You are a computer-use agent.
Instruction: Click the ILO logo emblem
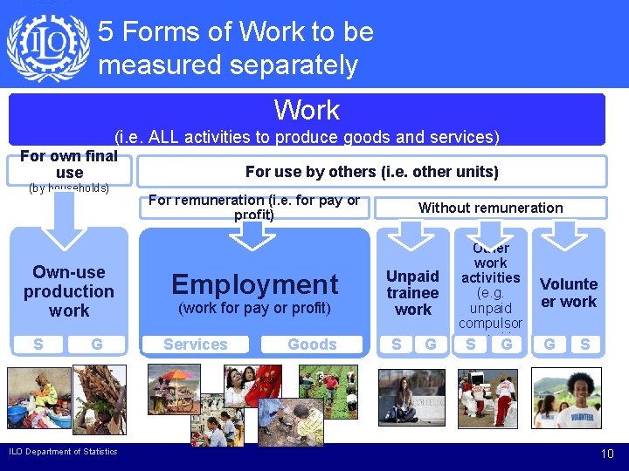click(47, 47)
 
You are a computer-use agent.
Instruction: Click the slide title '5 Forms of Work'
click(236, 48)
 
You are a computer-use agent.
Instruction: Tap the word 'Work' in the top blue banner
click(307, 110)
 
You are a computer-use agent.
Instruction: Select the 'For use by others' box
click(372, 172)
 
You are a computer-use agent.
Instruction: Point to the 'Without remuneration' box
click(490, 208)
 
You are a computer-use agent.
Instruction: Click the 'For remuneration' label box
click(254, 207)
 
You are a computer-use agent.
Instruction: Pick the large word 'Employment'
click(254, 283)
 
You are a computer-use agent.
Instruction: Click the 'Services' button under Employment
click(196, 345)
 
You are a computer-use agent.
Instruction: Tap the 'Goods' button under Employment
click(312, 345)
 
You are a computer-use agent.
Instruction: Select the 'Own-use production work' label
click(69, 291)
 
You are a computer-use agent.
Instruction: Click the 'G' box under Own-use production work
click(97, 345)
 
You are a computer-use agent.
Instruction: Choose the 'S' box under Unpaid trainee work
click(397, 345)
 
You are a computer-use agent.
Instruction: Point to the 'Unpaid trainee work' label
click(412, 292)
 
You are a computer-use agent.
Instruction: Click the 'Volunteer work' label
click(569, 293)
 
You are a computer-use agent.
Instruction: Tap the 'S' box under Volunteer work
click(584, 345)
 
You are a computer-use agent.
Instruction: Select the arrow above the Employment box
click(254, 234)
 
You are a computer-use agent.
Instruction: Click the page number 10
click(607, 454)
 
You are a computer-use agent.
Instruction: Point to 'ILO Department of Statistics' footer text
click(63, 451)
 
